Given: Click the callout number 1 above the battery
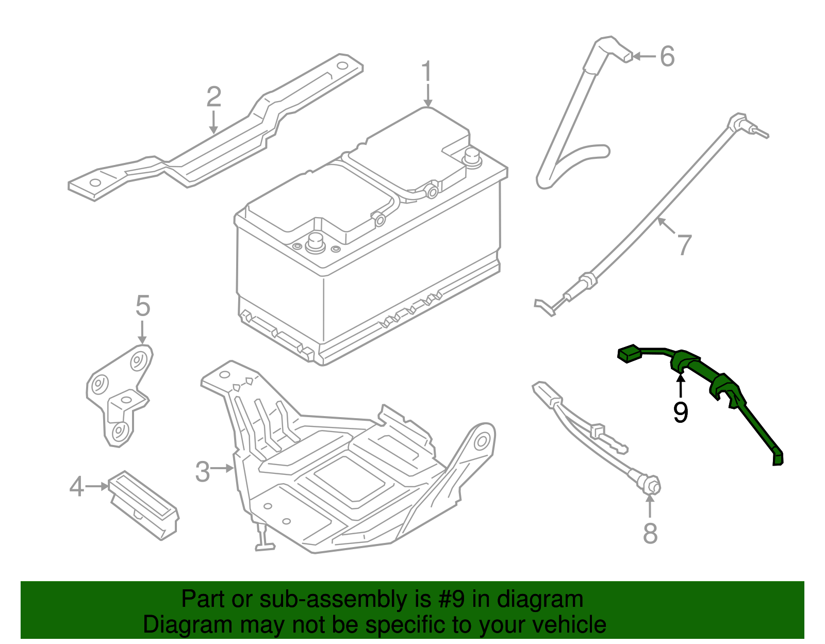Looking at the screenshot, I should (x=426, y=72).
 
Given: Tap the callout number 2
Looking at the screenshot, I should (x=214, y=97).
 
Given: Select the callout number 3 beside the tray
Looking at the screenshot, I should (x=203, y=471).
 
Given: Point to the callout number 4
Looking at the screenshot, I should (x=76, y=486).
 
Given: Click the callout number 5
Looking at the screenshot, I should (x=143, y=306).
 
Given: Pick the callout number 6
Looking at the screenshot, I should (x=667, y=56).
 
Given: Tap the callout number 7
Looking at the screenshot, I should (x=684, y=244).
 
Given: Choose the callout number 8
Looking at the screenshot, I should (x=650, y=533).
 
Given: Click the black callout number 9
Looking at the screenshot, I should (x=681, y=412).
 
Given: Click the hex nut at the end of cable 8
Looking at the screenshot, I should (x=651, y=485).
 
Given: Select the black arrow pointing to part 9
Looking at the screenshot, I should (x=681, y=387).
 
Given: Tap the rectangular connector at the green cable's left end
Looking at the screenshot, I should (x=629, y=354).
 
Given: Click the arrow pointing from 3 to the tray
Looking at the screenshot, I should (x=223, y=468).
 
